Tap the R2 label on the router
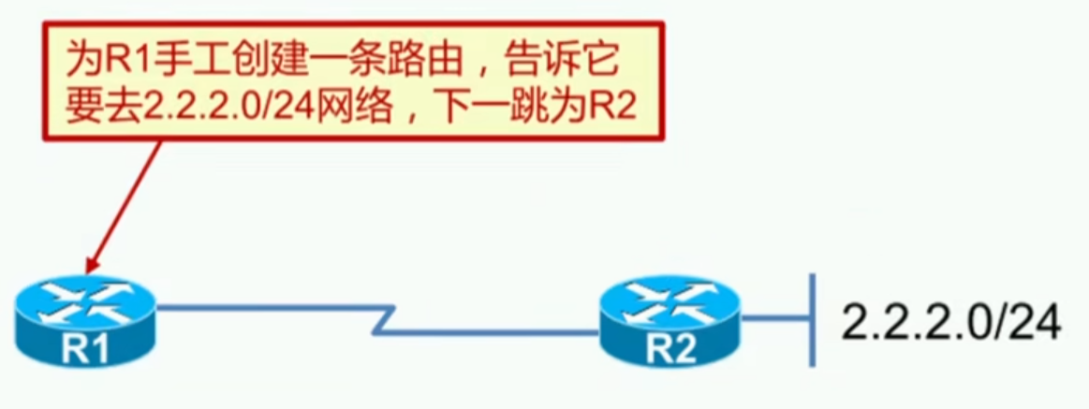[670, 352]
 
